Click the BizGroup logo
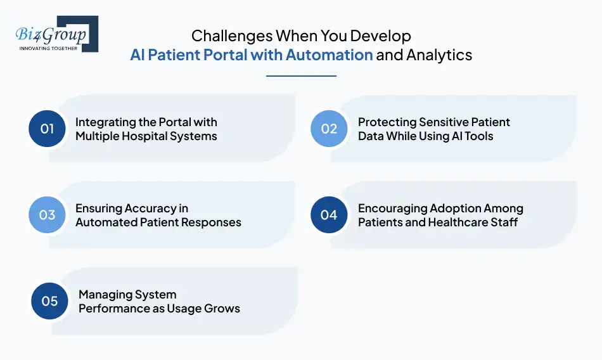(x=56, y=34)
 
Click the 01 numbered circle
(x=48, y=129)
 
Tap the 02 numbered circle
(x=329, y=129)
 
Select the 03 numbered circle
(x=48, y=215)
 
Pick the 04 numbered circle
(x=329, y=215)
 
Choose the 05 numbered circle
(x=49, y=301)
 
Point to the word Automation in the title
(x=329, y=55)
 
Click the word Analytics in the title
(x=439, y=55)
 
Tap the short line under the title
(x=301, y=76)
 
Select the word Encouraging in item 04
(x=392, y=209)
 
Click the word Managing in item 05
(x=103, y=295)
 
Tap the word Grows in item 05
(x=222, y=309)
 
